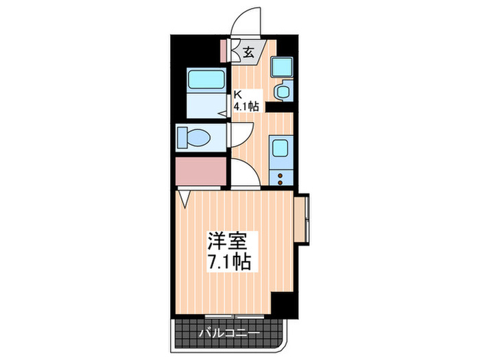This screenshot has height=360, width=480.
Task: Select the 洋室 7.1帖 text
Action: click(x=230, y=251)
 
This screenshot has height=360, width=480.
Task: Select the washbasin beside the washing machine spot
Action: click(x=282, y=91)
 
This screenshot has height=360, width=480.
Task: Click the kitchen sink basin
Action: click(x=281, y=149)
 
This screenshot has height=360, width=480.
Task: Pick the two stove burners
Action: click(x=281, y=178)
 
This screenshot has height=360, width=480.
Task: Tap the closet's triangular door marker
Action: click(x=184, y=197)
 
